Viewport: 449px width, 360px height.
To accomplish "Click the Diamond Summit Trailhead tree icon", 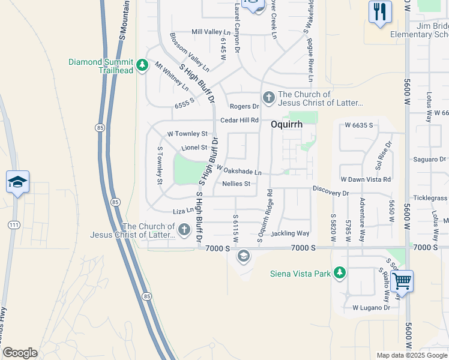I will click(142, 65).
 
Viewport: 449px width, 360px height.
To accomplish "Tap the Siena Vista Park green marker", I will click(340, 274).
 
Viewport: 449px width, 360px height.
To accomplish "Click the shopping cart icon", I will click(401, 280).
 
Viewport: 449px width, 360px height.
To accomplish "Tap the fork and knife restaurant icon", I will click(379, 12).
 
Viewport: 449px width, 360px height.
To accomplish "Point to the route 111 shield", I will click(13, 224).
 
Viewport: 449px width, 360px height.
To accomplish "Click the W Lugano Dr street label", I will click(371, 308).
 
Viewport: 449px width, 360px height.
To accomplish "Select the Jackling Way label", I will click(290, 233).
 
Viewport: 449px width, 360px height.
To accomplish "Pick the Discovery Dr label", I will click(330, 193).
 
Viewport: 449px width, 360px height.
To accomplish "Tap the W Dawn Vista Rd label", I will click(365, 179).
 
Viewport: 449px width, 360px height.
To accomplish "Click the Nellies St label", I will click(236, 184).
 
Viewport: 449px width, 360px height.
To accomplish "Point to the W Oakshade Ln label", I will click(239, 171).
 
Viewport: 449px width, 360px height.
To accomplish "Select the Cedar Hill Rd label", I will click(239, 120).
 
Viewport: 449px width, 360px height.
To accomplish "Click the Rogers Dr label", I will click(244, 106).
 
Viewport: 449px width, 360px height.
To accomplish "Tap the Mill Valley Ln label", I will click(211, 32).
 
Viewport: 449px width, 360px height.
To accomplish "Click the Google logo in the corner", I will click(20, 353).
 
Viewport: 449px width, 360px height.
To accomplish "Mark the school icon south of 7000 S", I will click(243, 257).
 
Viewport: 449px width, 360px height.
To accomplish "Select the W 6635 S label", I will click(359, 125).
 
